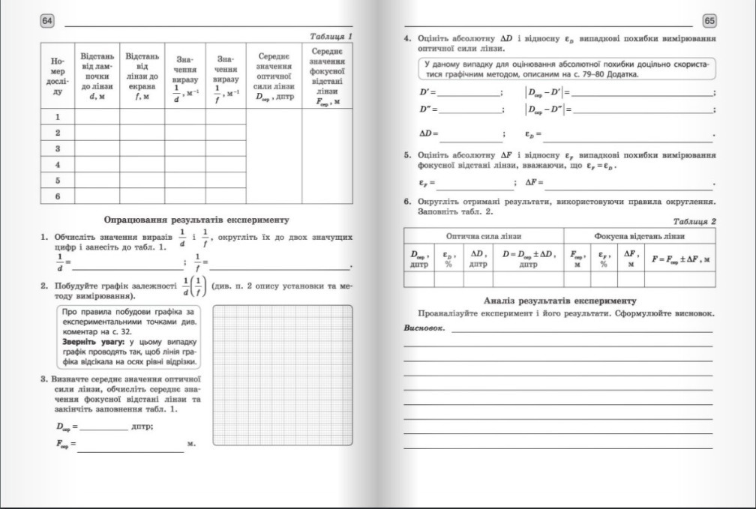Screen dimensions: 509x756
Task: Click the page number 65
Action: (709, 19)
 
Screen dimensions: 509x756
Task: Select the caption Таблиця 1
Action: (331, 36)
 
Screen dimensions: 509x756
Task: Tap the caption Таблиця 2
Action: (694, 221)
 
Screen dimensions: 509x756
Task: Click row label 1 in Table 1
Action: (57, 117)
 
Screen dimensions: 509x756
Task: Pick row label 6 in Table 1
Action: (57, 196)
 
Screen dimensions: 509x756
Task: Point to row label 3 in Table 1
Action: (57, 148)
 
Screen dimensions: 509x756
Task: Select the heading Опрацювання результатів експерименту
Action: (196, 220)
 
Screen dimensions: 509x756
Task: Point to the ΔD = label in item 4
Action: (428, 133)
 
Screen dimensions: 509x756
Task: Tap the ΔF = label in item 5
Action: (533, 182)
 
